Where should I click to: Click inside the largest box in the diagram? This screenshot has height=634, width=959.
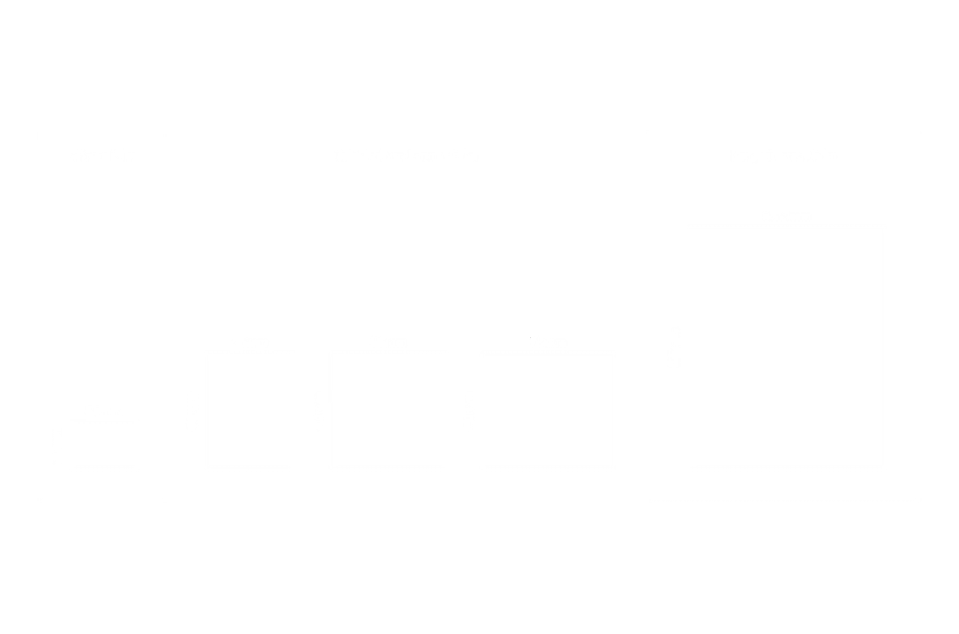pyautogui.click(x=787, y=346)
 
